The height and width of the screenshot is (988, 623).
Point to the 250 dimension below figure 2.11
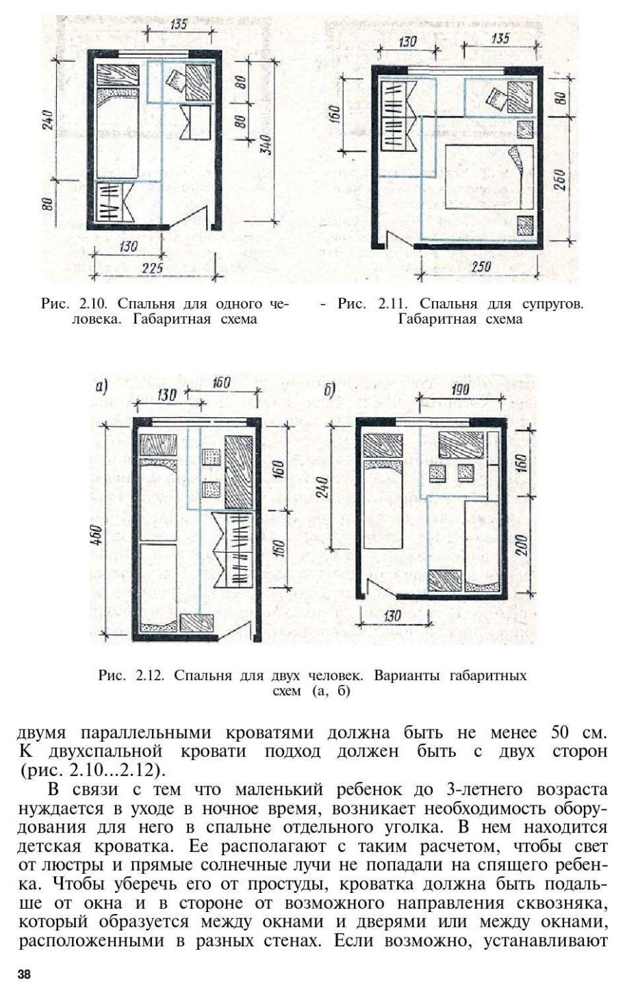481,267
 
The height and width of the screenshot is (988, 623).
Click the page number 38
25,973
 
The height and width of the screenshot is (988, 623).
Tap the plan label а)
101,387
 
